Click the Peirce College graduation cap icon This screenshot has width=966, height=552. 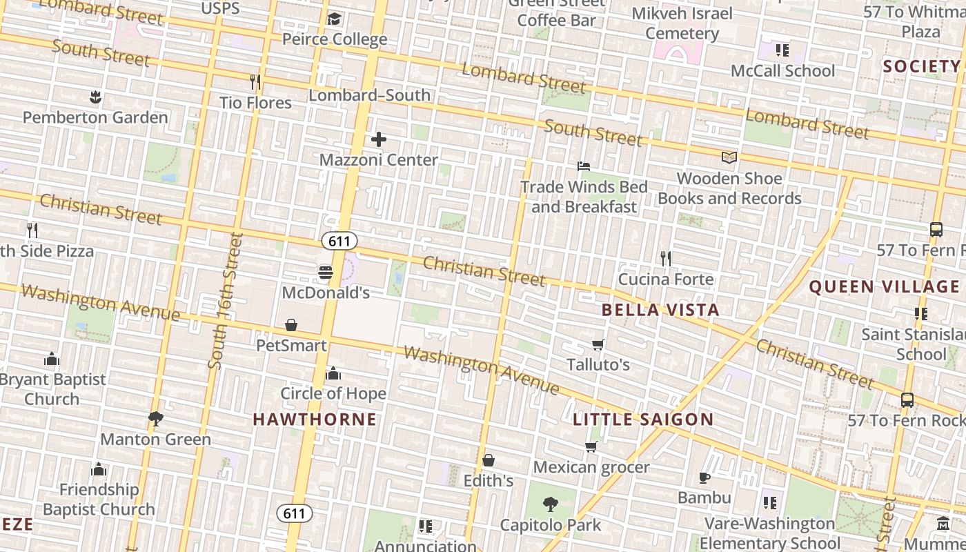click(335, 19)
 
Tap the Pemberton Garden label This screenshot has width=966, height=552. click(95, 117)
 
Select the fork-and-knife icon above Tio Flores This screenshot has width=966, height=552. click(255, 82)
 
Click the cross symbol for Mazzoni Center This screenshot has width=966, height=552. click(379, 139)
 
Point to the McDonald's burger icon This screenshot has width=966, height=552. click(326, 273)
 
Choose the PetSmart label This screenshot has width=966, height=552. click(291, 345)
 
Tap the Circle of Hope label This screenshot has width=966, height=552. click(333, 393)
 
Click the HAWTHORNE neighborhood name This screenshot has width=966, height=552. click(315, 419)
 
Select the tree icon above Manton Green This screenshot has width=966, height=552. click(156, 418)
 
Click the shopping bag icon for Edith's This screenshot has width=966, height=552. click(489, 460)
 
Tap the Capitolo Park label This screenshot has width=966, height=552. click(551, 525)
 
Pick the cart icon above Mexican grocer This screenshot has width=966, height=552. click(591, 446)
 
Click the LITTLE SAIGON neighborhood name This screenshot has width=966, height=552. click(643, 419)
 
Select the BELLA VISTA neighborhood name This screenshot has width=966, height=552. click(660, 310)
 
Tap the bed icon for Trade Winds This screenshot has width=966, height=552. click(584, 166)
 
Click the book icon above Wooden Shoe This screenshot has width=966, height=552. click(729, 157)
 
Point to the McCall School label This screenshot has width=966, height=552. click(782, 70)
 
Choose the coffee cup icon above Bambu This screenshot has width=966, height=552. click(704, 477)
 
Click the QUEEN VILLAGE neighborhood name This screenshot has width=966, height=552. click(884, 286)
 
